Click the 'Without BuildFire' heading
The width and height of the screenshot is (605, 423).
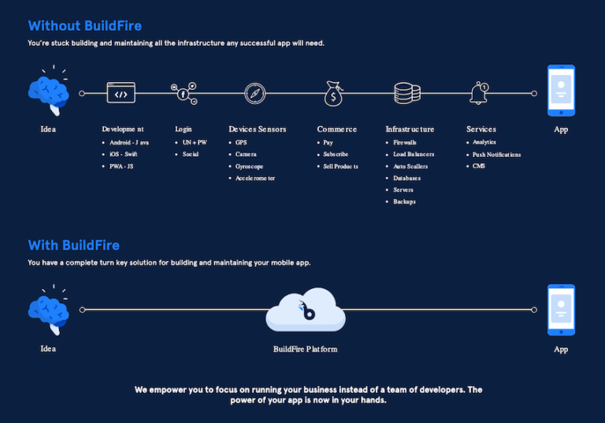tap(85, 26)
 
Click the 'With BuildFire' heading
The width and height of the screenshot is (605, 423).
tap(73, 245)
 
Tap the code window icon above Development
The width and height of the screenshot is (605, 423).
tap(121, 94)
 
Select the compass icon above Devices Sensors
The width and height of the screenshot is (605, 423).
tap(255, 94)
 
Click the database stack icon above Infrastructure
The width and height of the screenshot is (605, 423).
tap(406, 93)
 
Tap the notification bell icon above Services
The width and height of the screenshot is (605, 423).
tap(479, 93)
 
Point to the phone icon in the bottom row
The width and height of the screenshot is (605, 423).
tap(561, 311)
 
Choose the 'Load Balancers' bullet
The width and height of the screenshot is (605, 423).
tap(414, 154)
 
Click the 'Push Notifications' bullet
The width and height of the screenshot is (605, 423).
tap(496, 154)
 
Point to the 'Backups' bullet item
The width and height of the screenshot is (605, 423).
tap(404, 201)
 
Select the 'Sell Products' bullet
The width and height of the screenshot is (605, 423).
tap(340, 166)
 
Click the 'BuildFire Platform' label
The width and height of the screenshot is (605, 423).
tap(305, 349)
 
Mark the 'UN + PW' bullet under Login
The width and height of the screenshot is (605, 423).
tap(194, 142)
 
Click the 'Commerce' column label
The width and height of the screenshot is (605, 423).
tap(336, 129)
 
